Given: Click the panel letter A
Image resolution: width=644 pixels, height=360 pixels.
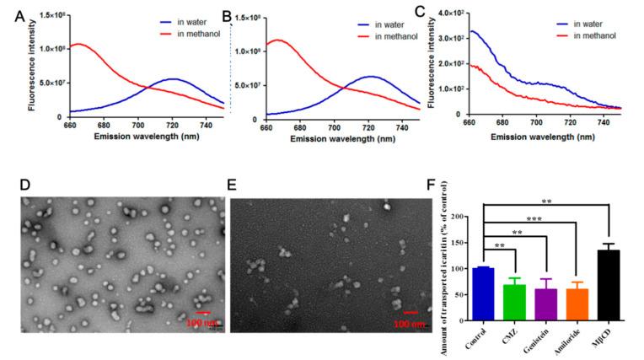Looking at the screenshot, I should (x=8, y=16).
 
